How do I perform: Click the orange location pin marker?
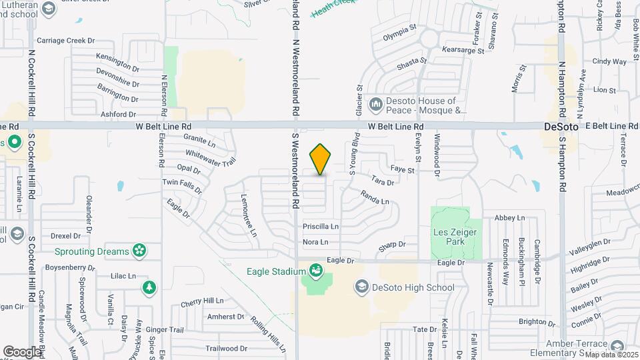pos(320,159)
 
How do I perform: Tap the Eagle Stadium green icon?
pos(314,271)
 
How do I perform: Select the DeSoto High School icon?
pos(361,287)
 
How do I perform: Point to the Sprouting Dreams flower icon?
pos(139,251)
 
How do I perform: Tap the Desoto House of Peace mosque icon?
pos(375,104)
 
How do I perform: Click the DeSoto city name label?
pos(560,126)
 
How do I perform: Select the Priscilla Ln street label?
pos(321,226)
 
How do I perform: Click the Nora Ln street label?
pos(315,242)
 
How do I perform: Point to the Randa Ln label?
pos(374,197)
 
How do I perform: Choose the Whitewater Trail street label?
pos(211,157)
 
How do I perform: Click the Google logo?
pos(22,351)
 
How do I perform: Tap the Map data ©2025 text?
pos(610,354)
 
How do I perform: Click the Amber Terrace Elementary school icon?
pos(617,345)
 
